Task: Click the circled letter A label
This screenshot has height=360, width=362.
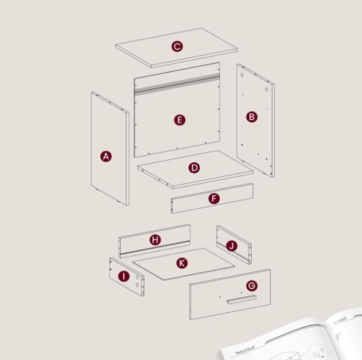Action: pos(106,157)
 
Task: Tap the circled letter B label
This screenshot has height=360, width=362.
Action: pos(252,117)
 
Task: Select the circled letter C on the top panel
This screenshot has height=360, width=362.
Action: pos(177,46)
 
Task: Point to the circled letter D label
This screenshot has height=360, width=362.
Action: pos(194,168)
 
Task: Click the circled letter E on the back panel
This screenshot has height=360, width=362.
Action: pos(180,120)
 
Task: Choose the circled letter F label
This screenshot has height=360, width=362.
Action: pos(214,198)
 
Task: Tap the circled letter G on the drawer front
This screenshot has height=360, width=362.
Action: pos(252,285)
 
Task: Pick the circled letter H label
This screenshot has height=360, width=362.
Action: pos(155,240)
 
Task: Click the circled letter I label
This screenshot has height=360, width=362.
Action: pos(124,276)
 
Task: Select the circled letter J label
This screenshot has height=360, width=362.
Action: pos(232,246)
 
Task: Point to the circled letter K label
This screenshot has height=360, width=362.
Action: pos(182,263)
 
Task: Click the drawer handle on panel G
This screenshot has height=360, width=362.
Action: pos(241,299)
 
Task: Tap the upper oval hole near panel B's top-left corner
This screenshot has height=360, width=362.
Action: pos(242,75)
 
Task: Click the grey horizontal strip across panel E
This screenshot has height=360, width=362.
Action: pos(177,83)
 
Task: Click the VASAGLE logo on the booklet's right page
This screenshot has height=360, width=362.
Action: pos(340,321)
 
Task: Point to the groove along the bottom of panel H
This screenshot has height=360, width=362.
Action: pos(155,248)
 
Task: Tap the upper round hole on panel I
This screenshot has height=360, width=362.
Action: pos(137,277)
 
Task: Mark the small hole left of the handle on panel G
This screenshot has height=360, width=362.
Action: pos(220,297)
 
